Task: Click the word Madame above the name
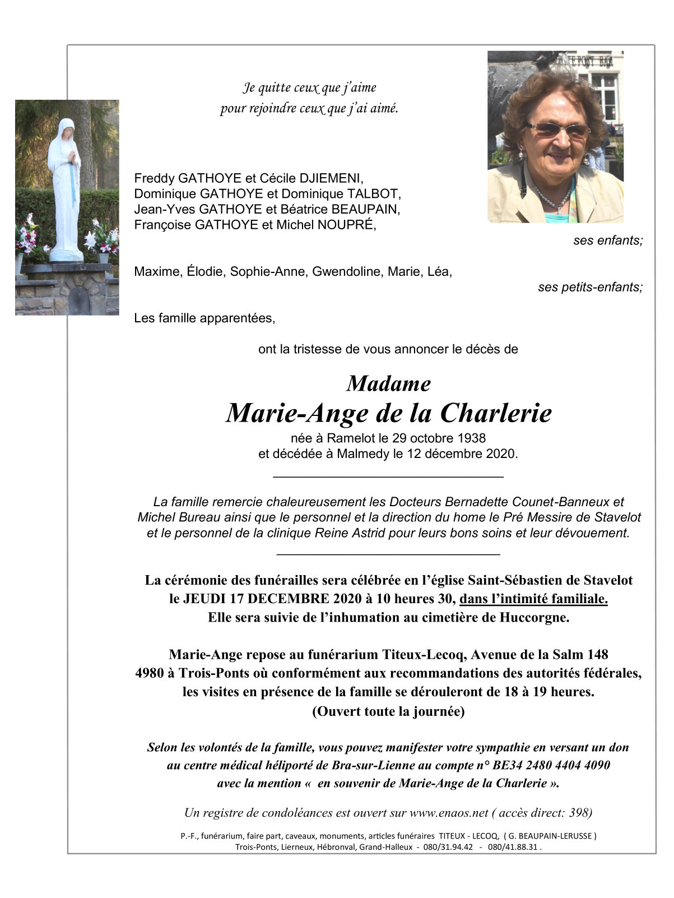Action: (388, 384)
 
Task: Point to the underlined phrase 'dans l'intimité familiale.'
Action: (533, 599)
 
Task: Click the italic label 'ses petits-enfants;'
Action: (590, 288)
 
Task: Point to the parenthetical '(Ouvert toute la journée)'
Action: (388, 711)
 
